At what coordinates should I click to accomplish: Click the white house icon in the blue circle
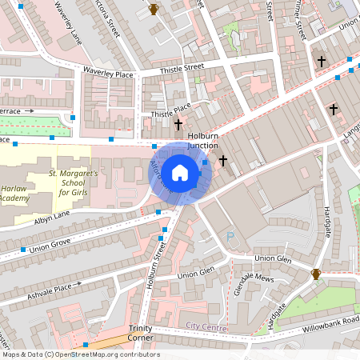point(180,173)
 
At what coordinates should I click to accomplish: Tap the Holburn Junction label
point(209,140)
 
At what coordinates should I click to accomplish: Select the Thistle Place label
point(170,110)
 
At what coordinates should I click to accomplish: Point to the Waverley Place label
point(107,73)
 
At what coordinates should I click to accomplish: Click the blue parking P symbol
point(231,237)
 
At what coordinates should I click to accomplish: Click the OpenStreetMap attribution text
point(80,354)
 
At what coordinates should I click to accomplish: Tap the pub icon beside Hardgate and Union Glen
point(316,274)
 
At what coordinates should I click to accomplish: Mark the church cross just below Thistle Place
point(178,125)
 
